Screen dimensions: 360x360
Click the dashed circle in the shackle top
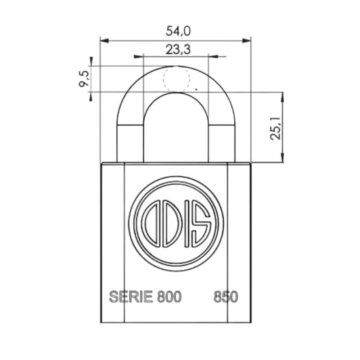pyautogui.click(x=176, y=80)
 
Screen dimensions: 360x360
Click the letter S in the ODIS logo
pyautogui.click(x=201, y=226)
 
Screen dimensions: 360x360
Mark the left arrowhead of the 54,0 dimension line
pyautogui.click(x=103, y=40)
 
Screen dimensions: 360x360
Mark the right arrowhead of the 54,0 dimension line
pyautogui.click(x=247, y=40)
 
